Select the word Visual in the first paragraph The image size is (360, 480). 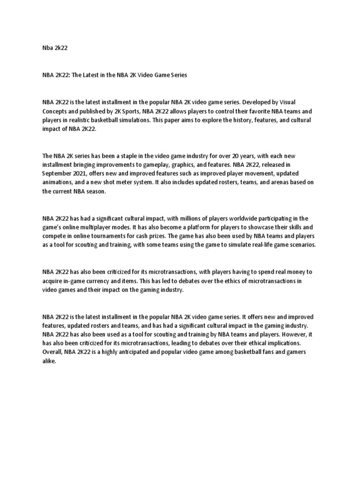click(285, 102)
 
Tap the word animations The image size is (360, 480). click(58, 182)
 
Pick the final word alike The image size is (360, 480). click(49, 361)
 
